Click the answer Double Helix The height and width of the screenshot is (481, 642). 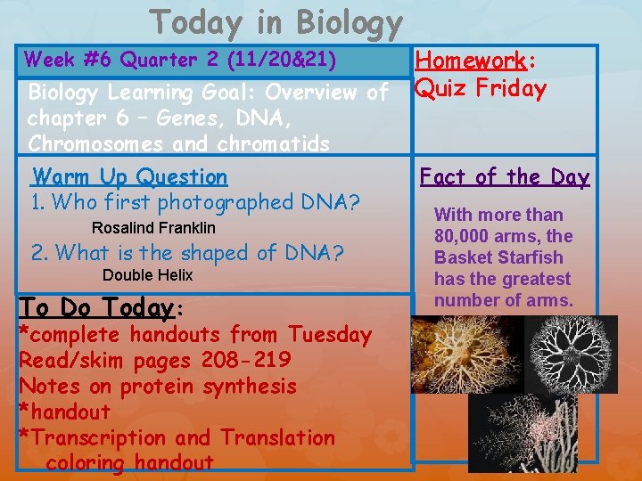coord(147,275)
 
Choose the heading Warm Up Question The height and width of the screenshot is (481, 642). coord(130,176)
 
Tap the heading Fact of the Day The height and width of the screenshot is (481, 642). coord(505,176)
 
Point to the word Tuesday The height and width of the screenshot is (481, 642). coord(330,335)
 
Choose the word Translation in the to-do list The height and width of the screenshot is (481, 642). coord(277,437)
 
